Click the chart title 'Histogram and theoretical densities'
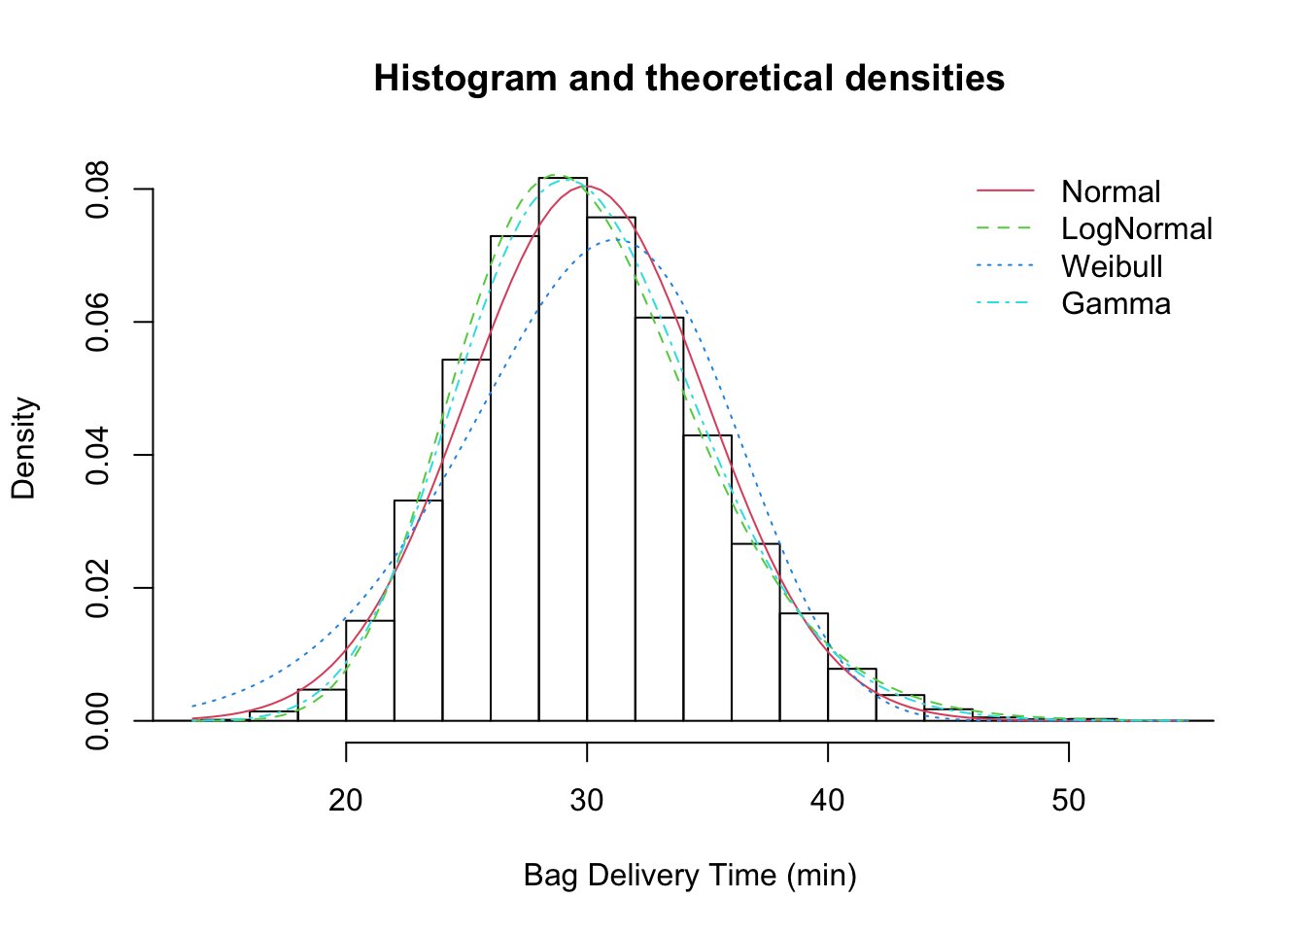point(689,78)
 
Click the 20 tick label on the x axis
point(346,800)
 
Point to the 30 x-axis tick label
point(587,800)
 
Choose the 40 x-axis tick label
point(828,800)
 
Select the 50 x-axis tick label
point(1069,800)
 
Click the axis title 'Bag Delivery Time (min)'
point(690,876)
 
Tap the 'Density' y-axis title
point(23,448)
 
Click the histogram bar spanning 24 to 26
point(466,540)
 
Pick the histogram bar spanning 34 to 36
point(707,578)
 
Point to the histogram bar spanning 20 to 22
point(370,671)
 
